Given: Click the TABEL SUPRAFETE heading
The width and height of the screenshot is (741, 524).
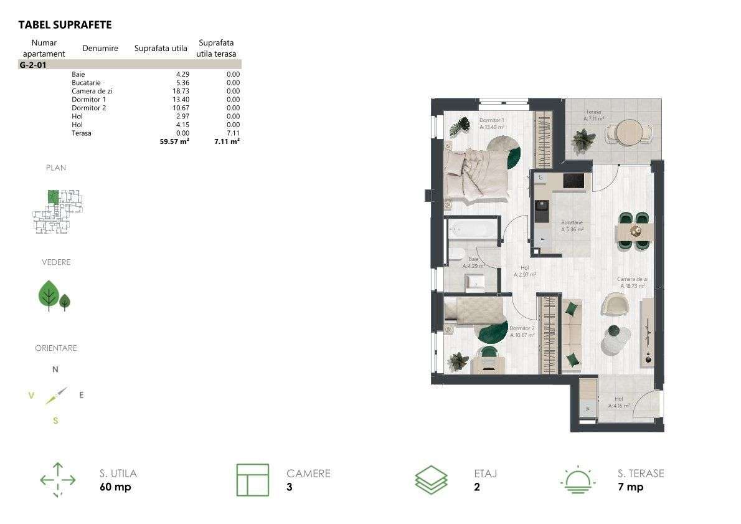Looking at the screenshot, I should [x=65, y=25].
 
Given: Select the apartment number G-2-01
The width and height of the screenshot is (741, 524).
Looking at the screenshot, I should [x=34, y=64].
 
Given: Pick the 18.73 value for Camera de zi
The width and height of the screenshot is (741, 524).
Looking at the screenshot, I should [x=181, y=91].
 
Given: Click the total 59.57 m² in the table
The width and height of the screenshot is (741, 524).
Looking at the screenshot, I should [x=174, y=141].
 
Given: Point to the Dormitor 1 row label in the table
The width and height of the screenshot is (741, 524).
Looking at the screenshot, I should [x=88, y=100].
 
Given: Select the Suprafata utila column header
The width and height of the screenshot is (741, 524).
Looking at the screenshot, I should [x=161, y=49].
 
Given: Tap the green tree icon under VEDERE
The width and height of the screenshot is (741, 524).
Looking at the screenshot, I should [x=50, y=295].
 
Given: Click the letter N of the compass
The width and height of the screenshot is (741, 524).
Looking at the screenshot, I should [x=55, y=369].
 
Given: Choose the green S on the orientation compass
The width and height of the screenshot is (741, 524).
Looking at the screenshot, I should [x=55, y=421].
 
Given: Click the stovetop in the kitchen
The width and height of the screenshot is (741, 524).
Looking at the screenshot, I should [x=573, y=180].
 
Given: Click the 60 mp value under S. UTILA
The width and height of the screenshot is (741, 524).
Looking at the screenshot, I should [x=115, y=487].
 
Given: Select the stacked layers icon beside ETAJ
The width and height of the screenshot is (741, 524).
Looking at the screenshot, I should [x=431, y=480].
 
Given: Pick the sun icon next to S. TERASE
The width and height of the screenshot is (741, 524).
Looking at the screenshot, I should [x=578, y=480].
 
